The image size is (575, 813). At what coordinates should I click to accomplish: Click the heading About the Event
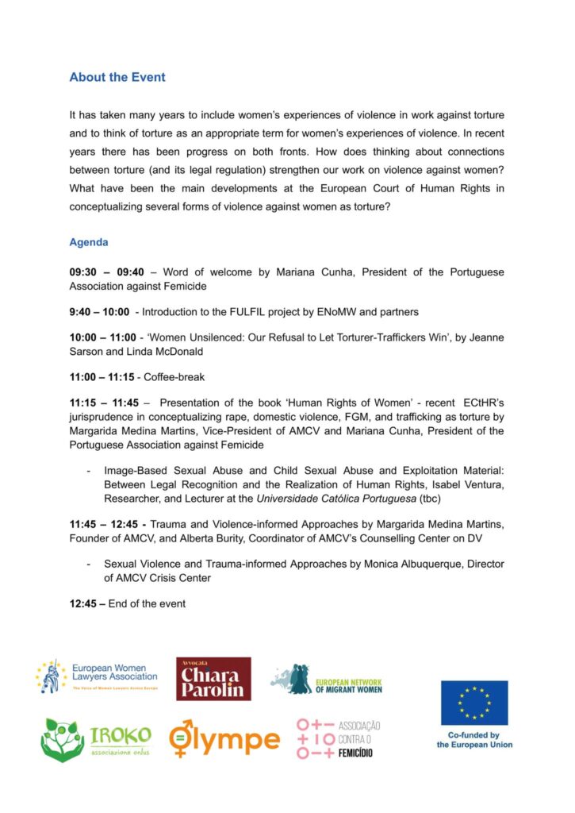117,78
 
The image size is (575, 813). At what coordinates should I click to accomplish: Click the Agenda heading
89,242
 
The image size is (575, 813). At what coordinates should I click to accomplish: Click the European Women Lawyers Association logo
97,677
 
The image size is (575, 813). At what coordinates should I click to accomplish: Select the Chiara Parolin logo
213,679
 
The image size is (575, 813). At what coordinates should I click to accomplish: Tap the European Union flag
474,703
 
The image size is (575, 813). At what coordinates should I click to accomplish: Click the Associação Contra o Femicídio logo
339,738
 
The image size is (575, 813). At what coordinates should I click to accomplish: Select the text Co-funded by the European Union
474,740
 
